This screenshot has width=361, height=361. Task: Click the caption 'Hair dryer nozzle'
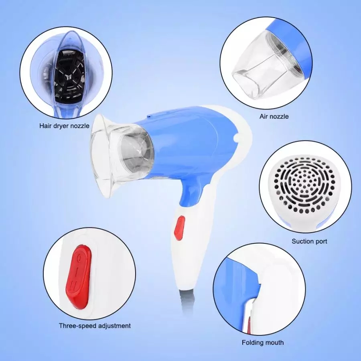point(64,126)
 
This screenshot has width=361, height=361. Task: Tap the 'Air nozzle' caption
point(274,116)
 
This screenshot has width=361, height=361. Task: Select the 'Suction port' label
point(309,241)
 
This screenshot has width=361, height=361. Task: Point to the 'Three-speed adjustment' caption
point(95,326)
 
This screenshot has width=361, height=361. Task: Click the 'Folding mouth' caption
point(262,343)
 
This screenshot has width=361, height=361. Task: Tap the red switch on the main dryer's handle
point(179,228)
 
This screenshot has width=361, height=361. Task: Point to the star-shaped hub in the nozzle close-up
point(68,77)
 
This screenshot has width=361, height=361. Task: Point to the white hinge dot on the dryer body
point(235,138)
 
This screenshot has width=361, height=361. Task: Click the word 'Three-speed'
point(77,326)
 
